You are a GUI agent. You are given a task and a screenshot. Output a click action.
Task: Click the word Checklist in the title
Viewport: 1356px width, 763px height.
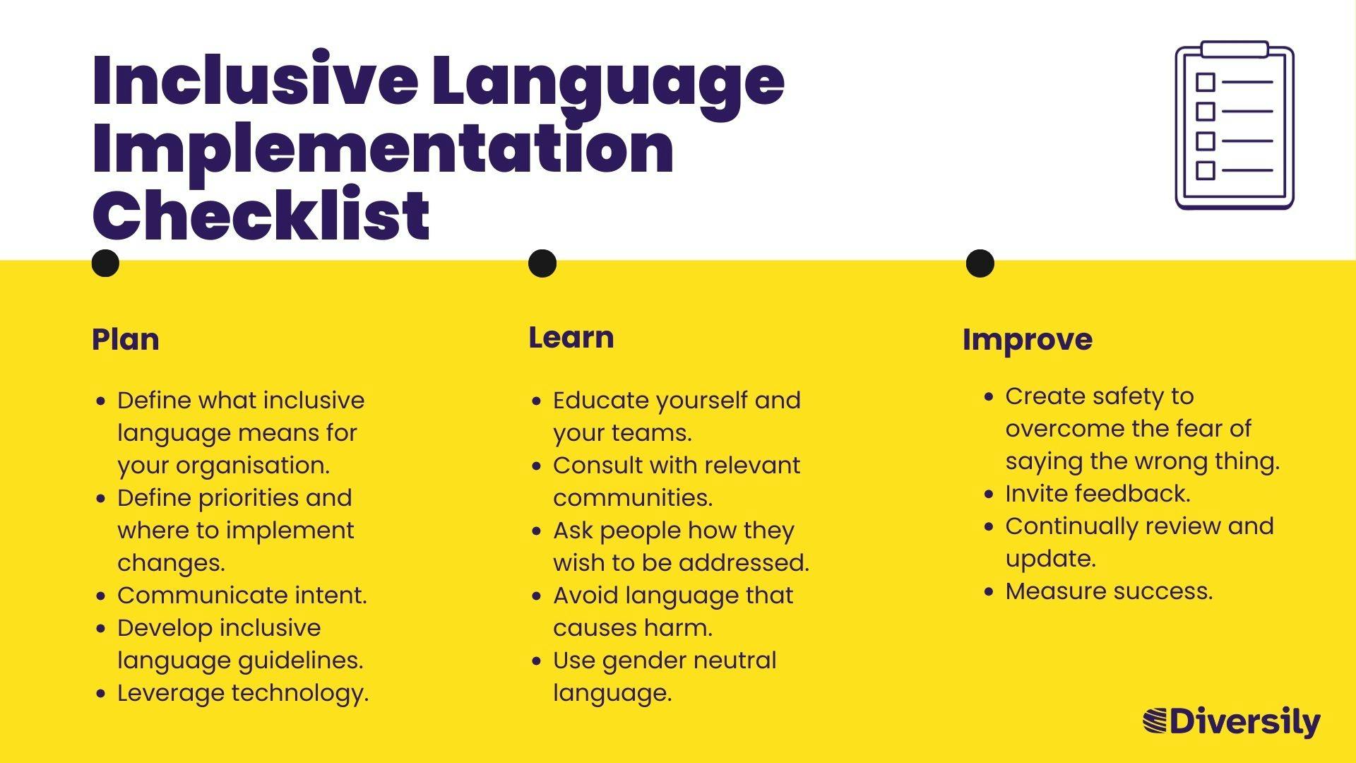point(261,215)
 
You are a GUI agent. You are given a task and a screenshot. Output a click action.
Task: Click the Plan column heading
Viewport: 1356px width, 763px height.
point(126,340)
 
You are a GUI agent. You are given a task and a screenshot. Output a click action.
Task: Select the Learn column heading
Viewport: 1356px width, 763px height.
point(571,338)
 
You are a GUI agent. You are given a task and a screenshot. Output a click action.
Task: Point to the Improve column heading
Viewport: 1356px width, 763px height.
point(1028,340)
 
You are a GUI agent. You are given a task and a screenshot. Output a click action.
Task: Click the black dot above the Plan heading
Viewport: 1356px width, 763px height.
point(106,264)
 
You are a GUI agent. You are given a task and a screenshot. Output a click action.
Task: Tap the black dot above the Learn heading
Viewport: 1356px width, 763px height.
point(542,264)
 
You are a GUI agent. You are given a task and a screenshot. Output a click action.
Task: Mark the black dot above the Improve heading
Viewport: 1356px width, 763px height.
point(980,264)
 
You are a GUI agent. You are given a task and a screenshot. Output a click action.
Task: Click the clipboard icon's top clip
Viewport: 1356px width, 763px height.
point(1235,49)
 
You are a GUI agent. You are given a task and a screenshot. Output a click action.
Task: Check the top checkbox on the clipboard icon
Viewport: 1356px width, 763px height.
point(1206,82)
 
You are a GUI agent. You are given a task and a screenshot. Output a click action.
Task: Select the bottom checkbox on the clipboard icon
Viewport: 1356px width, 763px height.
point(1206,170)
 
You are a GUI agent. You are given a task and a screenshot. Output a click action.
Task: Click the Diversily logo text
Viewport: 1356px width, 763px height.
point(1245,723)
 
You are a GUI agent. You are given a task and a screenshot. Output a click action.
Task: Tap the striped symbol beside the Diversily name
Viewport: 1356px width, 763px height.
point(1155,721)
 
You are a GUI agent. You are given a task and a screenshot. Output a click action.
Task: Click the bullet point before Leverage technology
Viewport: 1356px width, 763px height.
point(101,694)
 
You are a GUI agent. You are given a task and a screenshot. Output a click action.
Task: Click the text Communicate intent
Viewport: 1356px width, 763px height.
point(242,596)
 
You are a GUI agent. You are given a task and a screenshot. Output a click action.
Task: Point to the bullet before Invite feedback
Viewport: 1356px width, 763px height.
point(989,495)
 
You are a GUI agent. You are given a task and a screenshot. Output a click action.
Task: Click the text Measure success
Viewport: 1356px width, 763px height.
point(1109,591)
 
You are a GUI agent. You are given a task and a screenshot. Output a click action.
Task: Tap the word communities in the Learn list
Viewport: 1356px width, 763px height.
point(633,498)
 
